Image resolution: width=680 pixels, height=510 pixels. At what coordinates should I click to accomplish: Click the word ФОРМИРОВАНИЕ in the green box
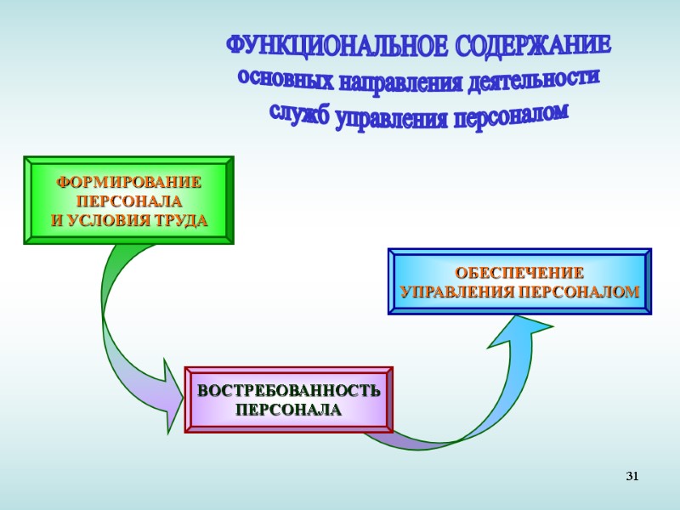[x=128, y=183]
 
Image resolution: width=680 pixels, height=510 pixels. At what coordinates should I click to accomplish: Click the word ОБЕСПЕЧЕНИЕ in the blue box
[x=519, y=274]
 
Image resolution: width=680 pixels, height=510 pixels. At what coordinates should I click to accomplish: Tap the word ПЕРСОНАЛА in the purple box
[x=288, y=411]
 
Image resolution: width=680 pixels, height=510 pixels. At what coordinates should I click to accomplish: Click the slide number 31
[x=632, y=476]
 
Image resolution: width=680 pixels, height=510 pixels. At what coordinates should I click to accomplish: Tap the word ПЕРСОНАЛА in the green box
[x=128, y=202]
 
